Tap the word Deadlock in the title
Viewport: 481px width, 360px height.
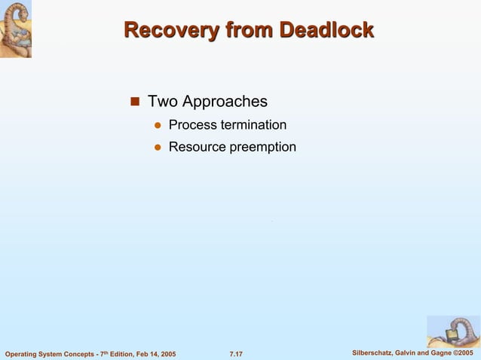[x=326, y=30]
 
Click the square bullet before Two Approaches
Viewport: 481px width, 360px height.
[x=136, y=102]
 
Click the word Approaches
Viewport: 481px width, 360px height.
[x=224, y=101]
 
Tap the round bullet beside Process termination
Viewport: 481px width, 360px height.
[x=158, y=125]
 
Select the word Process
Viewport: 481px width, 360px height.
[x=192, y=124]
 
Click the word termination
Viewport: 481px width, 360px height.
[x=253, y=124]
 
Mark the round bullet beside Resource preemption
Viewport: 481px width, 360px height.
[x=158, y=148]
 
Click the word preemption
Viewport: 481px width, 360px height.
[x=263, y=147]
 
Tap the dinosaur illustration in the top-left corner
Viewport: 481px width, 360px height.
[x=16, y=29]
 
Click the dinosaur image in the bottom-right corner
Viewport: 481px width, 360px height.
[x=453, y=331]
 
